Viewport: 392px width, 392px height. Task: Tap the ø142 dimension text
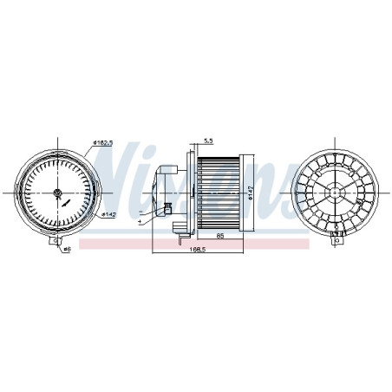pyautogui.click(x=109, y=213)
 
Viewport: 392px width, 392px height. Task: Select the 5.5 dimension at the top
pyautogui.click(x=208, y=140)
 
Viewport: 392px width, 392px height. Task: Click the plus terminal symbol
pyautogui.click(x=140, y=222)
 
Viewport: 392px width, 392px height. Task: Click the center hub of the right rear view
pyautogui.click(x=336, y=190)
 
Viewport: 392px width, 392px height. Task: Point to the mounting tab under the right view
pyautogui.click(x=336, y=240)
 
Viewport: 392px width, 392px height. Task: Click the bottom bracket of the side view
pyautogui.click(x=180, y=229)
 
